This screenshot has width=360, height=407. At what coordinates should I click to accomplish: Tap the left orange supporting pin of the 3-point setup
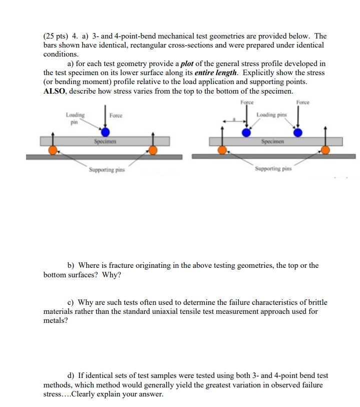pos(53,150)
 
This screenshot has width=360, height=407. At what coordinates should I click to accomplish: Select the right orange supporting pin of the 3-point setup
pos(152,150)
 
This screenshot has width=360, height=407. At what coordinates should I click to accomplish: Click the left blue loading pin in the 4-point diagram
pos(246,132)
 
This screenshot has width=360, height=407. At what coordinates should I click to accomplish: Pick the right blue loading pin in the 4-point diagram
pos(298,132)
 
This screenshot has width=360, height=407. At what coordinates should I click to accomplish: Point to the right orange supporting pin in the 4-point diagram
pos(325,150)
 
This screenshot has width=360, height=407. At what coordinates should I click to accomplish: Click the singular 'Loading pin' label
pos(75,118)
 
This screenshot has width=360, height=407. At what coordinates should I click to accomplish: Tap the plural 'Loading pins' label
pos(271,115)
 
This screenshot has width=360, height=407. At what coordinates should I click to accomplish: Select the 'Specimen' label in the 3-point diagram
pos(105,142)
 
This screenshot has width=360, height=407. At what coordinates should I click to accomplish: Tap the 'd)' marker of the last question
pos(72,375)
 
